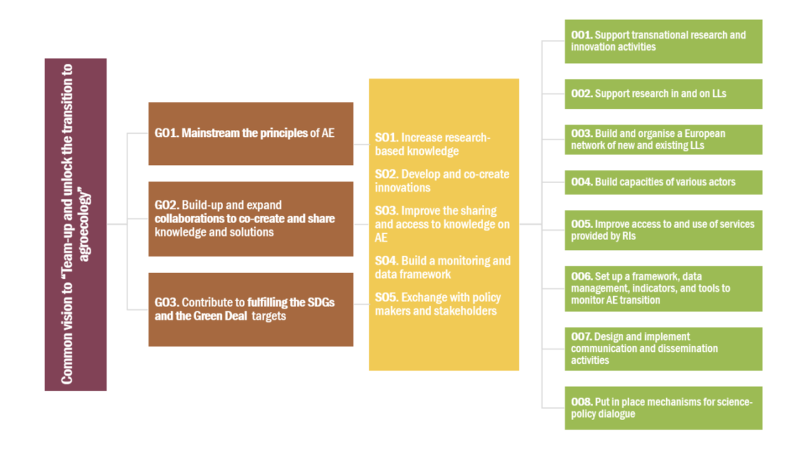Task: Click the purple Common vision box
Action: click(x=76, y=224)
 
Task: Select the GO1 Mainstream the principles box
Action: click(x=251, y=134)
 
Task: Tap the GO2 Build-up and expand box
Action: click(x=251, y=219)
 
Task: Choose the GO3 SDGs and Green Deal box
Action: click(x=251, y=309)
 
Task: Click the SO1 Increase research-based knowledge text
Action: click(x=432, y=144)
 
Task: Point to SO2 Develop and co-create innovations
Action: click(x=442, y=181)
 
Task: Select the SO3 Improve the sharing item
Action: click(x=442, y=224)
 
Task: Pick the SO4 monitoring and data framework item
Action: click(x=442, y=267)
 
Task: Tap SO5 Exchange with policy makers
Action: click(x=437, y=304)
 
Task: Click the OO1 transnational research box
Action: click(x=663, y=41)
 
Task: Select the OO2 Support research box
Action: click(x=663, y=94)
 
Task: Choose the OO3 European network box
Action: click(x=663, y=139)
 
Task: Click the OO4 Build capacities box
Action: click(x=663, y=182)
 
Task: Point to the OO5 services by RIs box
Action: click(x=663, y=230)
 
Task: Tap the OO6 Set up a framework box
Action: click(x=663, y=289)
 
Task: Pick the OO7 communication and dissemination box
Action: click(x=663, y=349)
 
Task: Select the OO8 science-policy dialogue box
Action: click(x=663, y=408)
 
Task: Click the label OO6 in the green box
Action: click(x=582, y=276)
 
